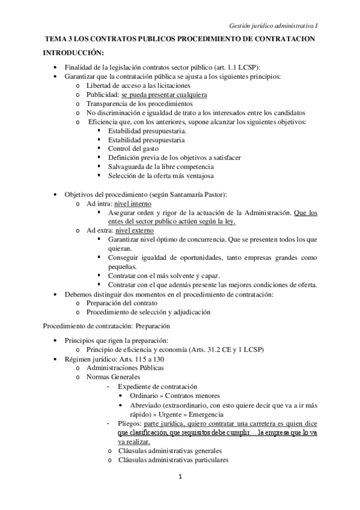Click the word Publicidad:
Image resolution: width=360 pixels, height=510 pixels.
[102, 95]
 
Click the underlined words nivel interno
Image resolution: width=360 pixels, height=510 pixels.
[133, 204]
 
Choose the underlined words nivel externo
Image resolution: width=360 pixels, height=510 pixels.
[134, 230]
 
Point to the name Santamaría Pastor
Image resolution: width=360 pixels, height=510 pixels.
[195, 195]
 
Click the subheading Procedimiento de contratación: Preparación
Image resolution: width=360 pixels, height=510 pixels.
[107, 325]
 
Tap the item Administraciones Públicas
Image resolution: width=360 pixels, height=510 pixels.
[124, 367]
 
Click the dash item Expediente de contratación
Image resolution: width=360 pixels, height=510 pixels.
[157, 386]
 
